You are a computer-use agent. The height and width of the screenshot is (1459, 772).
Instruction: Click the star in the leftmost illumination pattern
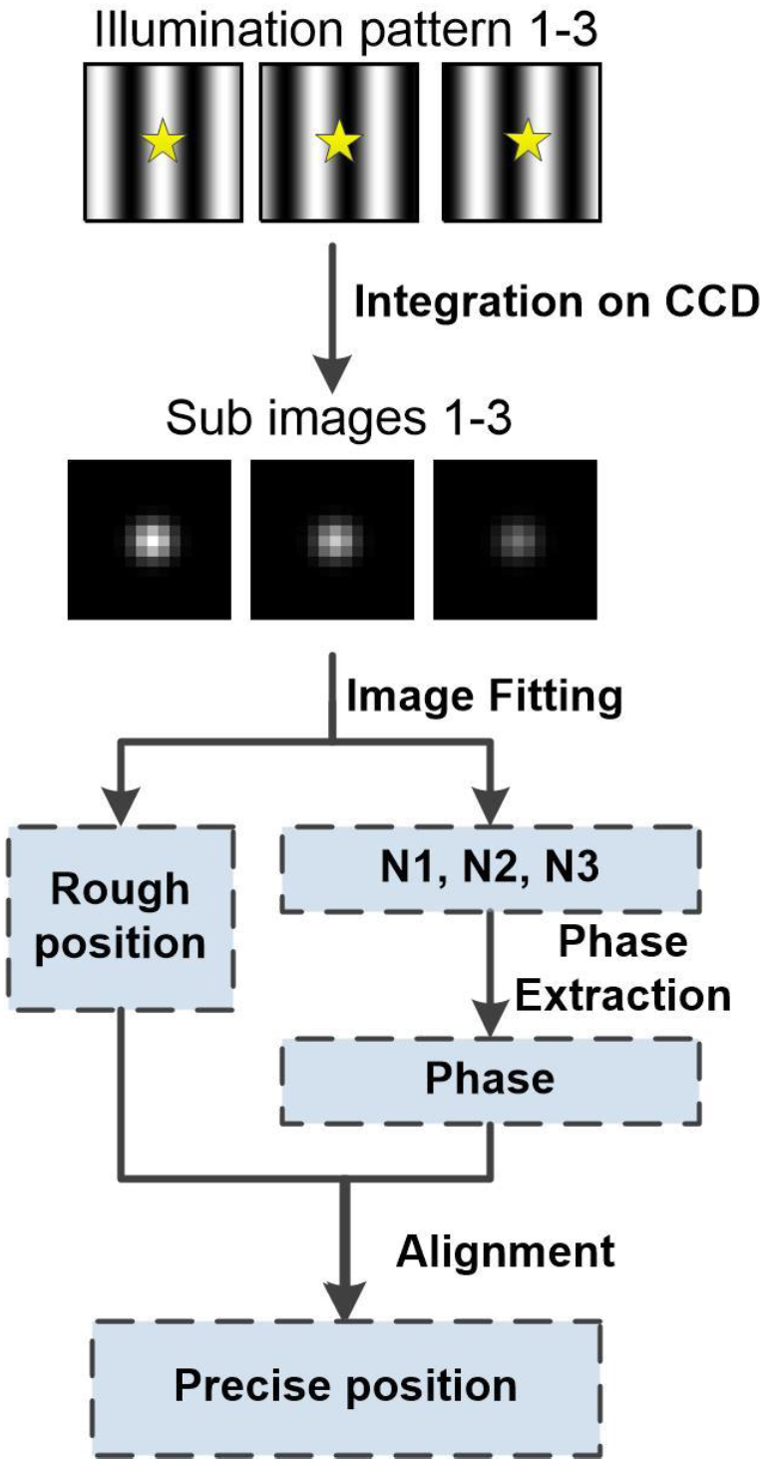pos(163,145)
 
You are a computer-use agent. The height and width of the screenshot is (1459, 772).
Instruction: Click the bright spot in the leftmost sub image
pos(151,539)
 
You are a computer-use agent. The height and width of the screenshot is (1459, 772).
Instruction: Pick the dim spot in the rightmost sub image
pos(515,540)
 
